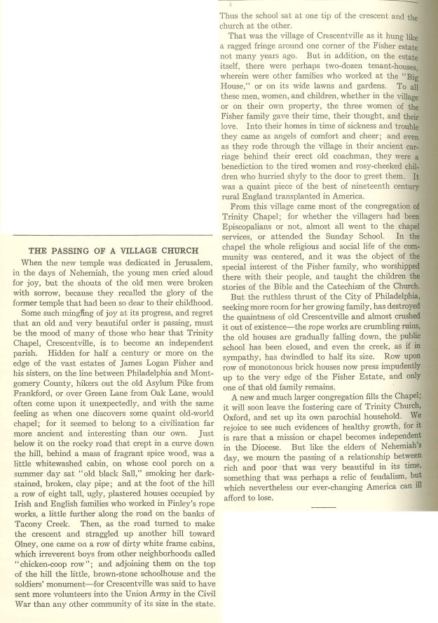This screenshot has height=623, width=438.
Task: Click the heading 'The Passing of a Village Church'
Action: [112, 251]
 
